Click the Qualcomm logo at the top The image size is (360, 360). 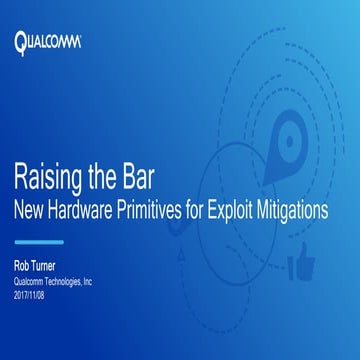point(47,42)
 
